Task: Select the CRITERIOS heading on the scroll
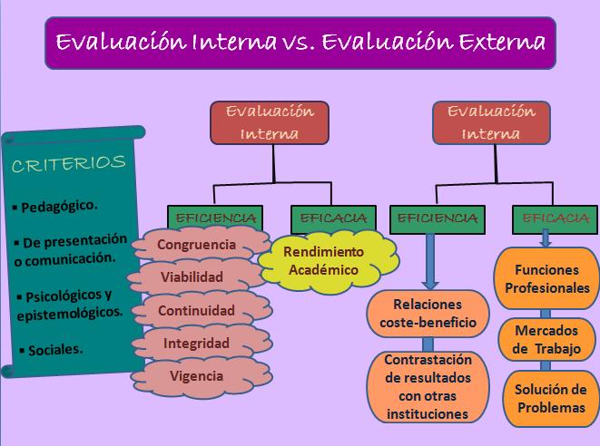(68, 163)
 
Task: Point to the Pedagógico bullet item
(56, 205)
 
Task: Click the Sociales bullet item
(52, 347)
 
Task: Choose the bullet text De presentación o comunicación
(69, 249)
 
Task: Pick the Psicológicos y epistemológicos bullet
(69, 304)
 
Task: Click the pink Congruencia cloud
(196, 245)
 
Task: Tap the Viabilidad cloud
(192, 277)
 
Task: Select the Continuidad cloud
(196, 311)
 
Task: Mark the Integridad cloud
(196, 344)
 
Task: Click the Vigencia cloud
(196, 375)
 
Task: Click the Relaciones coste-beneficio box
(428, 312)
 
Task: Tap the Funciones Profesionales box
(546, 279)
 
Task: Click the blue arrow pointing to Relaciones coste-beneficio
(428, 259)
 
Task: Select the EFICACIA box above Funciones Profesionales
(549, 218)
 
